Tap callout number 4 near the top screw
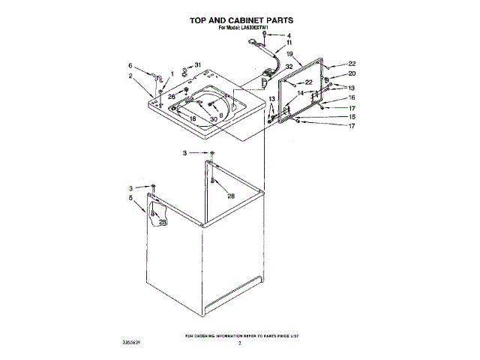pos(289,35)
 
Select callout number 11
pos(289,43)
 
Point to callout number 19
pos(289,55)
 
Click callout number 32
pos(289,67)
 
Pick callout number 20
pos(352,73)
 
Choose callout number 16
pos(352,97)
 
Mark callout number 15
pos(352,117)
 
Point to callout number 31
pos(198,65)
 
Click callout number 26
pos(171,97)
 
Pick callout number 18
pos(193,119)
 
